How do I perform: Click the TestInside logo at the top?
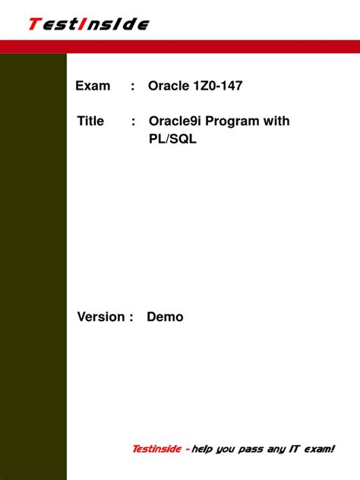(88, 24)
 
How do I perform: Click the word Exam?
(93, 86)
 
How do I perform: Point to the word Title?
(90, 121)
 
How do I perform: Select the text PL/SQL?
(172, 140)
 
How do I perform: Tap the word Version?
(100, 317)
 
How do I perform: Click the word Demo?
(165, 317)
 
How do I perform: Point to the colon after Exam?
(133, 87)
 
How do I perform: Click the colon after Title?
(133, 122)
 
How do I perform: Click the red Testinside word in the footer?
(156, 449)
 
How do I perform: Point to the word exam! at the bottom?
(319, 449)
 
